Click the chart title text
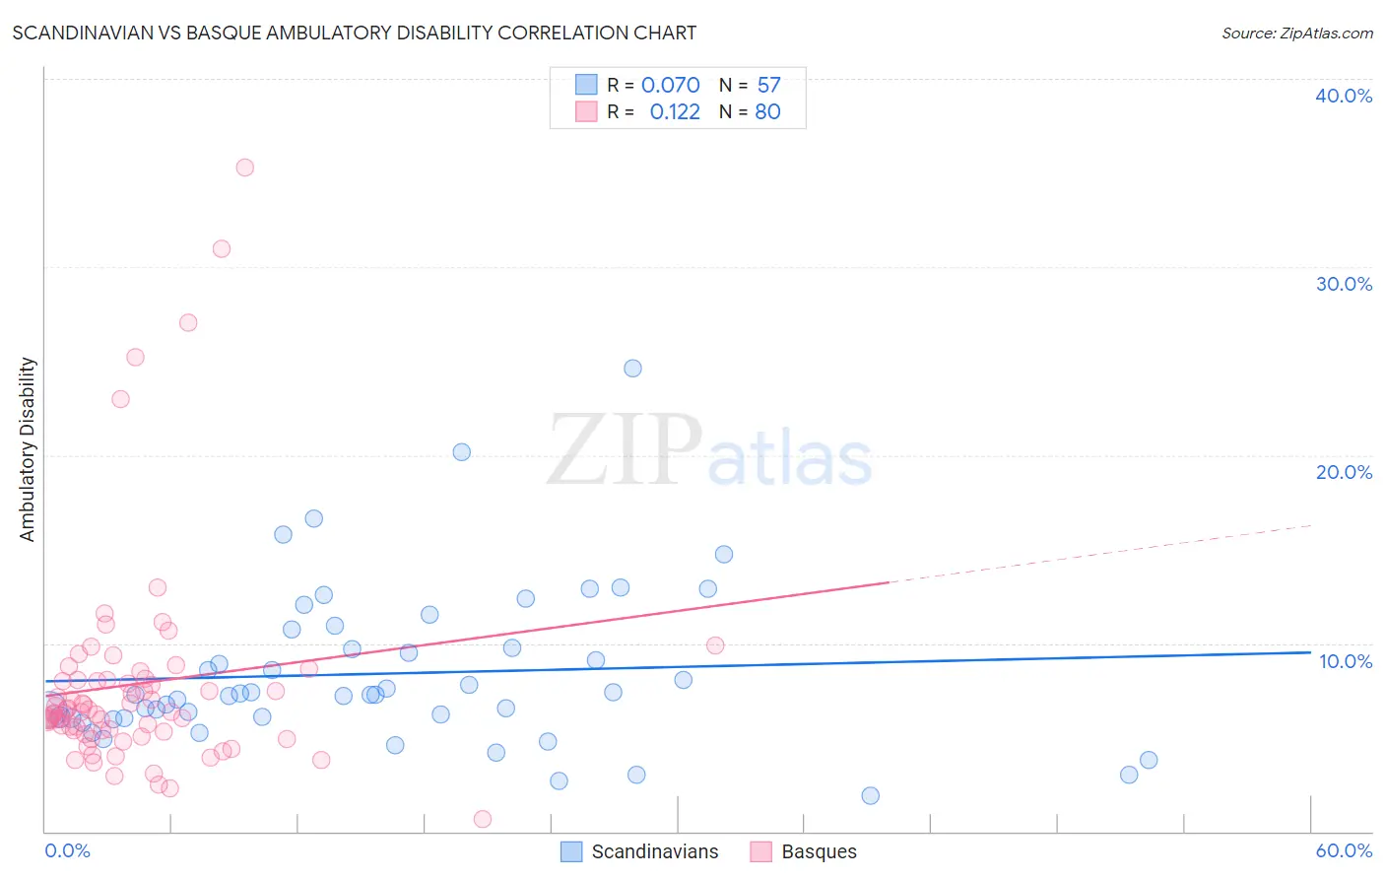pos(354,33)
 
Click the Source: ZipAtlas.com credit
pos(1296,33)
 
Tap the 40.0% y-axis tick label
pos(1343,96)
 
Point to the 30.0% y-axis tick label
pos(1343,284)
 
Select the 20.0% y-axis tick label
pos(1343,472)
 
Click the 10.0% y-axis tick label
pos(1345,661)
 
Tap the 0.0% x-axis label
pos(67,850)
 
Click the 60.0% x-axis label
pos(1343,850)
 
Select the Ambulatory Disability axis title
pos(28,448)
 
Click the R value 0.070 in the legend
pos(670,86)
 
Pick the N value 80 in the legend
pos(767,111)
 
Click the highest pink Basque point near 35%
pos(244,168)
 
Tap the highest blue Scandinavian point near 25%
pos(632,369)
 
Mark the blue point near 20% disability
pos(461,452)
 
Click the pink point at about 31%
pos(221,249)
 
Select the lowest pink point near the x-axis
pos(483,819)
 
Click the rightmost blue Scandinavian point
pos(1148,760)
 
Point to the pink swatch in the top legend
pos(586,111)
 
